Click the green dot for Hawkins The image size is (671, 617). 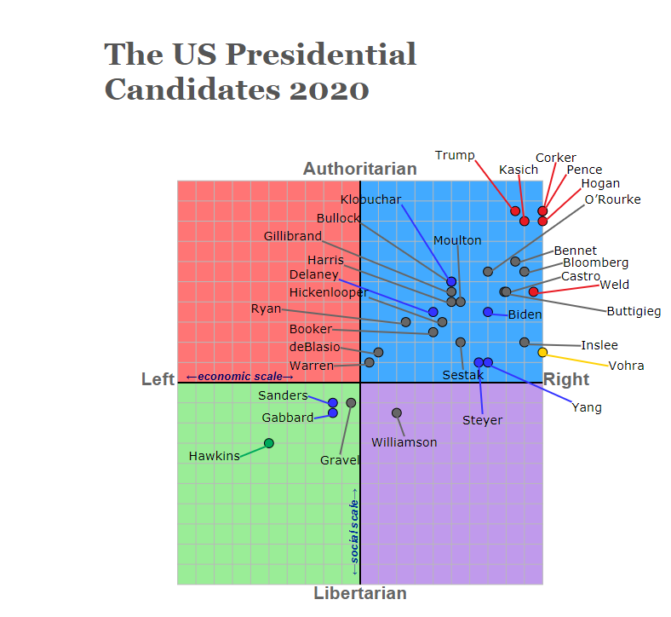pyautogui.click(x=269, y=443)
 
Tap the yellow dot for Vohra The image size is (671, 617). pyautogui.click(x=542, y=352)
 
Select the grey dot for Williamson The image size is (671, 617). pyautogui.click(x=397, y=412)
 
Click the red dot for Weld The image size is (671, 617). pyautogui.click(x=533, y=291)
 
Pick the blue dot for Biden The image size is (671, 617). pyautogui.click(x=488, y=312)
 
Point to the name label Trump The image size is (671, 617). pyautogui.click(x=455, y=155)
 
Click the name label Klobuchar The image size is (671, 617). pyautogui.click(x=370, y=199)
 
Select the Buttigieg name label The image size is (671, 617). pyautogui.click(x=634, y=311)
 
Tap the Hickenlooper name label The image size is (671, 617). pyautogui.click(x=329, y=292)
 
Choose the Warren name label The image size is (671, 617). pyautogui.click(x=312, y=366)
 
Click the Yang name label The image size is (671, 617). pyautogui.click(x=587, y=407)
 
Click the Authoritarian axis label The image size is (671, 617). pyautogui.click(x=360, y=169)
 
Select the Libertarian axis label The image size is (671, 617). pyautogui.click(x=360, y=593)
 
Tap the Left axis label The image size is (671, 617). pyautogui.click(x=158, y=379)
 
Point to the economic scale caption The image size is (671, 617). pyautogui.click(x=239, y=376)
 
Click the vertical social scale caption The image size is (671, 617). pyautogui.click(x=354, y=525)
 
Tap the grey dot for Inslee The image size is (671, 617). pyautogui.click(x=525, y=343)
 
